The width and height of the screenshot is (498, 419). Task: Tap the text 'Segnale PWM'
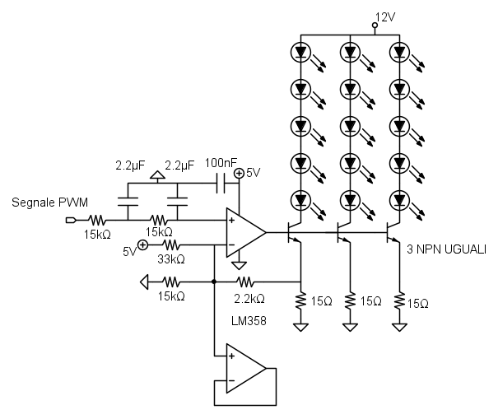point(49,202)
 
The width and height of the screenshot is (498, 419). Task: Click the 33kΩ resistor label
point(171,258)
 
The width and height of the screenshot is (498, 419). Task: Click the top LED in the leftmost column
point(301,52)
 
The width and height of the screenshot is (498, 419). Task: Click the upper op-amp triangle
point(245,233)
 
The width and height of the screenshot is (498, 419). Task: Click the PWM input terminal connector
point(72,221)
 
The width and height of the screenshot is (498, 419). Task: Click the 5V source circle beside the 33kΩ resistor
point(142,245)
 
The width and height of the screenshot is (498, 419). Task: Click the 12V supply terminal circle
point(375,26)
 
